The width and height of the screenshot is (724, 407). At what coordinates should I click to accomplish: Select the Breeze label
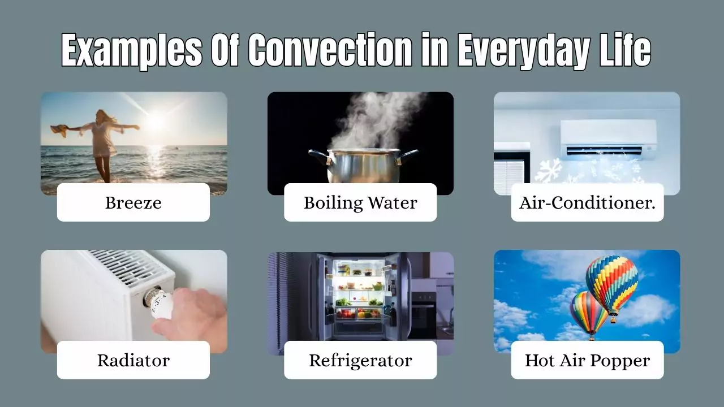[x=133, y=202]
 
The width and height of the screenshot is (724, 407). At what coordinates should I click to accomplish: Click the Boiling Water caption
[x=360, y=202]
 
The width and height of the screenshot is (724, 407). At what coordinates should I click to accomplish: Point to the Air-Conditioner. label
[x=587, y=202]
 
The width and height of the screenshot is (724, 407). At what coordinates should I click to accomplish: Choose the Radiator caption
[x=133, y=360]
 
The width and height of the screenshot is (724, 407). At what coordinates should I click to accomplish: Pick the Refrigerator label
[x=360, y=360]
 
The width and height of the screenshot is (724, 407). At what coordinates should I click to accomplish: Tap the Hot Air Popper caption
[x=587, y=360]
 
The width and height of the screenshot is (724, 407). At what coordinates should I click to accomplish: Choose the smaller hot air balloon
[x=588, y=311]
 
